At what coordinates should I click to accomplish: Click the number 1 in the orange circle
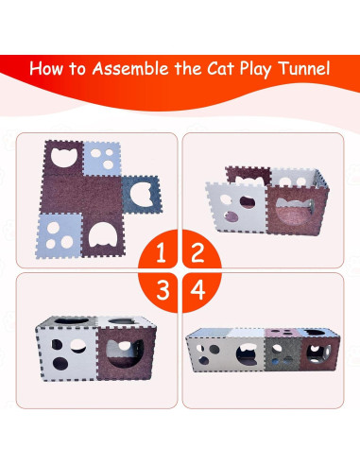point(163,252)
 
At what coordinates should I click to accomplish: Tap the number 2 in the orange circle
point(197,252)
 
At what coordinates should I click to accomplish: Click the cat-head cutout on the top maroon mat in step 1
point(64,157)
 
